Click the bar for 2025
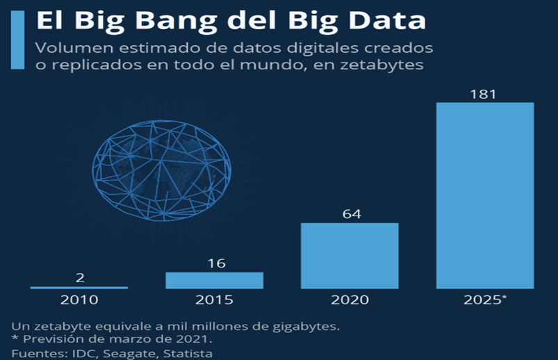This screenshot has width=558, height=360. [484, 195]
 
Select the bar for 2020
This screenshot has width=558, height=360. [350, 255]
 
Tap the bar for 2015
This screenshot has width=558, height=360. [214, 280]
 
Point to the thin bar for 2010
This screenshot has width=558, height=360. [79, 287]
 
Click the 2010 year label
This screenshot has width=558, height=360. [79, 300]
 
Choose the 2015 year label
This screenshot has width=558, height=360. [214, 300]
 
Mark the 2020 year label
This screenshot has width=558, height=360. [350, 300]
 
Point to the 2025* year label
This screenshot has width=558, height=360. [484, 300]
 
